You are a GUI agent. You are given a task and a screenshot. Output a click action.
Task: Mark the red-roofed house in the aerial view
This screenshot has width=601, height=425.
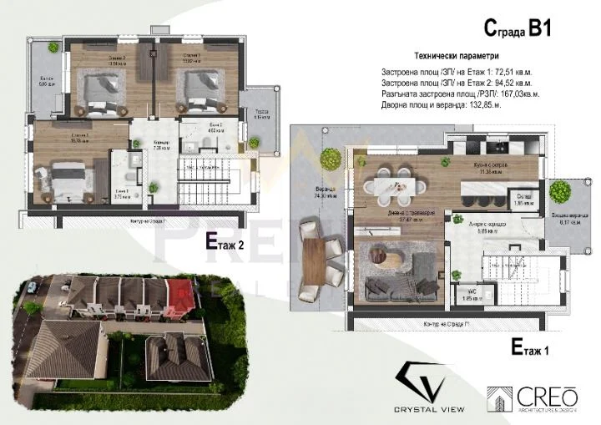(x=179, y=292)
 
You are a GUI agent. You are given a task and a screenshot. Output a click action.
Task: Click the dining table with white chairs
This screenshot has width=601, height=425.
(x=391, y=185)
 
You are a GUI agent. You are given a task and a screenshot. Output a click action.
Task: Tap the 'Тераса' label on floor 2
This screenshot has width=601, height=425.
(x=260, y=113)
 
